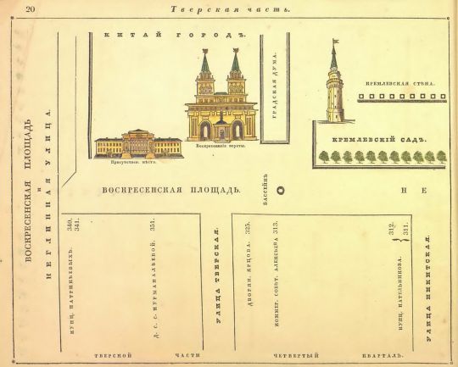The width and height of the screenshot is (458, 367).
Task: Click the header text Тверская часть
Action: point(231,10)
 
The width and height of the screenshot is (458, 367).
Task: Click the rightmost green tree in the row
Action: point(441,157)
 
